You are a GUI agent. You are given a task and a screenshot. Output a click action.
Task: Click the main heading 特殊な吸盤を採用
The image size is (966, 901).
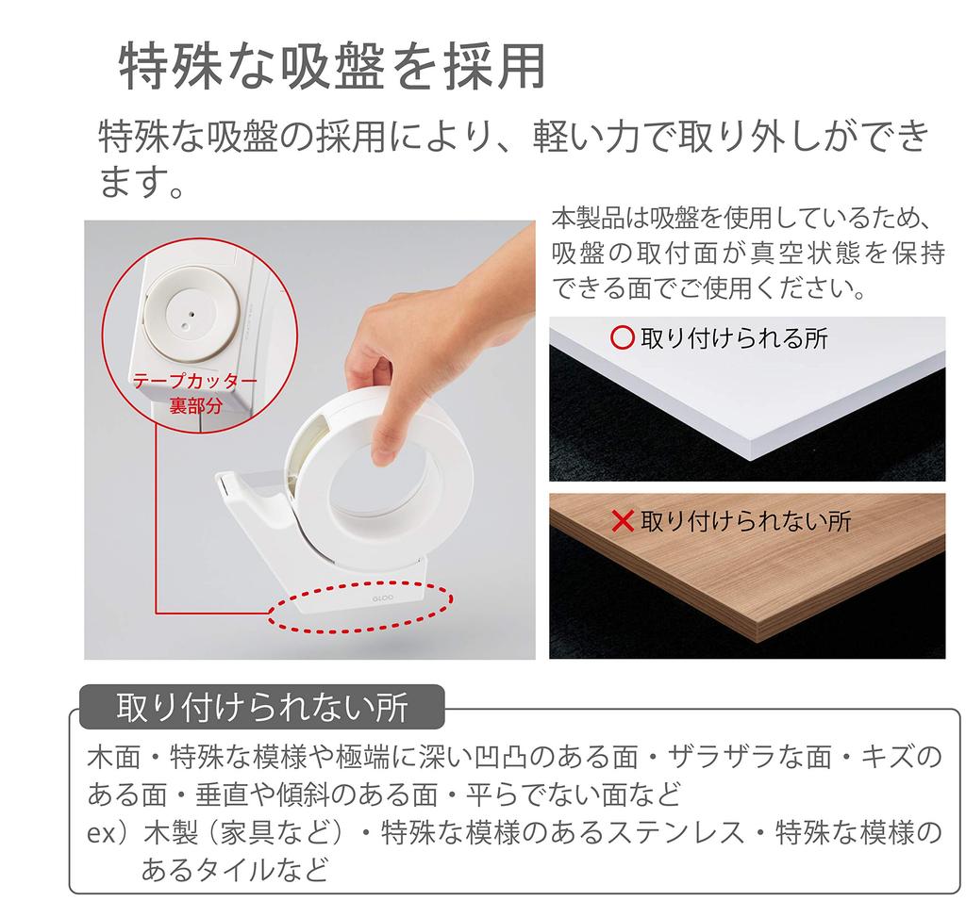click(332, 66)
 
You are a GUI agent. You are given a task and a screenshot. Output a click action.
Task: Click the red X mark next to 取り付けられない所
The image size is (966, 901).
click(623, 520)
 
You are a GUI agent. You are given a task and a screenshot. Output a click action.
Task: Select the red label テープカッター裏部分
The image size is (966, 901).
click(194, 393)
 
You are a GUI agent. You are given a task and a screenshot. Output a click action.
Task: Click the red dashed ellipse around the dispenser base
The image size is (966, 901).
click(361, 608)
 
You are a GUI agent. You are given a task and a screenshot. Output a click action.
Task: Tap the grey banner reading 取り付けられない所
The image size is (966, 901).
click(261, 707)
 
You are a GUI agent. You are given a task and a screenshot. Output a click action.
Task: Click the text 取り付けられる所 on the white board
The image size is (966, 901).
click(734, 337)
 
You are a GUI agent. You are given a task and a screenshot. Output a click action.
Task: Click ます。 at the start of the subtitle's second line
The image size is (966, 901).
click(142, 181)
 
